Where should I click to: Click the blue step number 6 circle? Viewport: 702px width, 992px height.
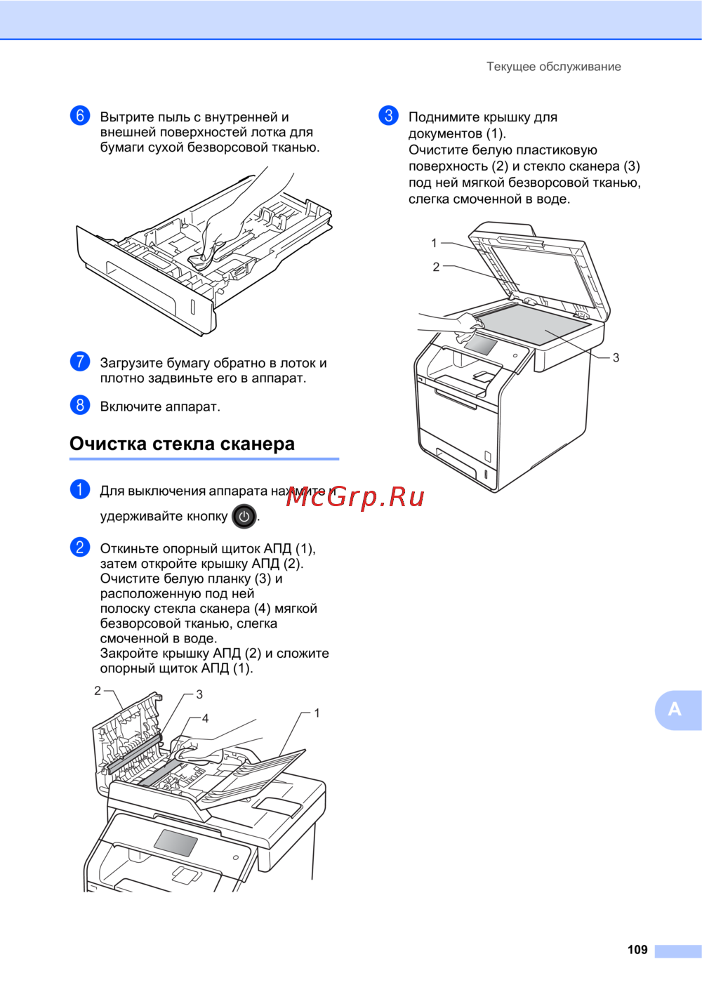click(80, 116)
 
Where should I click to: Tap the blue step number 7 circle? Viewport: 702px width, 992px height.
click(80, 362)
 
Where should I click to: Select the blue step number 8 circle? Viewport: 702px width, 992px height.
click(80, 405)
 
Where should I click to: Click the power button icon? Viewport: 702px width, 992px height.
click(244, 517)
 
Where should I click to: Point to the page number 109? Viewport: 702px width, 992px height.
click(637, 949)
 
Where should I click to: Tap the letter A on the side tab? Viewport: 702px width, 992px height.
click(674, 709)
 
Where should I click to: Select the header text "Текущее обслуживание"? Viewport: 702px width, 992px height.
click(554, 67)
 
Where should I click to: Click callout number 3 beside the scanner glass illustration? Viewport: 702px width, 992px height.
click(616, 358)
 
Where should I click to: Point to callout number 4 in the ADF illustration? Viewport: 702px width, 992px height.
click(205, 718)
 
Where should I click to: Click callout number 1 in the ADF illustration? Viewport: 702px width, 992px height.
click(317, 713)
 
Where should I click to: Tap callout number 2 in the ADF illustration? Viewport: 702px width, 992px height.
click(98, 691)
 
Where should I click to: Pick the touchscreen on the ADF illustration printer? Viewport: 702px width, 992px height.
click(175, 842)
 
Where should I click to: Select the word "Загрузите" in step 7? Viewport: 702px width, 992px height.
click(131, 364)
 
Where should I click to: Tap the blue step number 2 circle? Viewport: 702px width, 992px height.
click(80, 547)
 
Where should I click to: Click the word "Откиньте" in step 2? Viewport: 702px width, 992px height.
click(130, 549)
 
